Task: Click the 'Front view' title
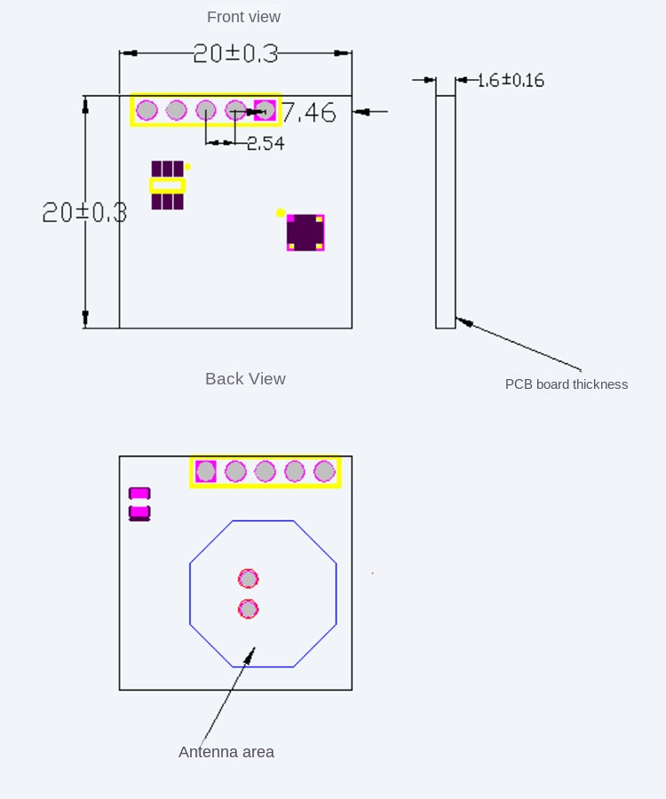[x=243, y=17]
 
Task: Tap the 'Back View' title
[x=245, y=378]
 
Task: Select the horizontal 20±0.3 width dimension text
[x=235, y=53]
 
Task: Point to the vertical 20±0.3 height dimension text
[x=84, y=212]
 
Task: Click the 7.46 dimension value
[x=309, y=113]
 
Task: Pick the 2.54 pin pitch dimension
[x=266, y=144]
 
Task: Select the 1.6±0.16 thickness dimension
[x=511, y=81]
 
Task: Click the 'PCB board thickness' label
[x=567, y=384]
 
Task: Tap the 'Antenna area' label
[x=226, y=752]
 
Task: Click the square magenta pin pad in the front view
[x=265, y=110]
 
